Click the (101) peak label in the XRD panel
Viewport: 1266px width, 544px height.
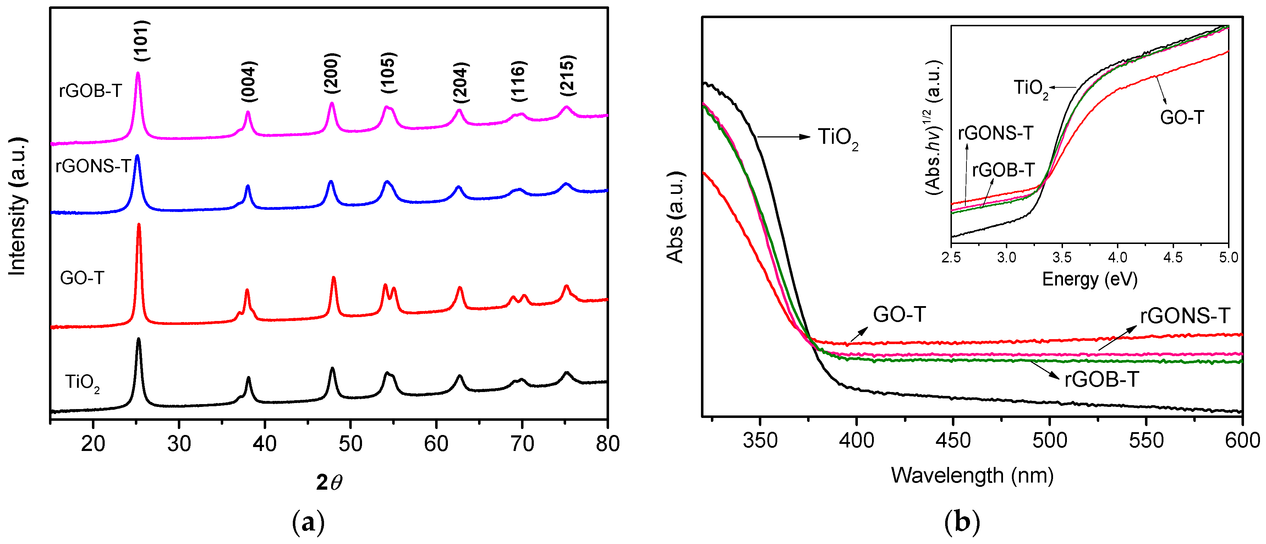(142, 40)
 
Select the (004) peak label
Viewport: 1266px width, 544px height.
(249, 81)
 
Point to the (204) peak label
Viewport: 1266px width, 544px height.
(460, 83)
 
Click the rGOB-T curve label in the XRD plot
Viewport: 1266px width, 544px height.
(90, 91)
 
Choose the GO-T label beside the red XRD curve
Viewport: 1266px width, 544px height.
(82, 278)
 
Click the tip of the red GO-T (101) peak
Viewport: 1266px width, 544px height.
(138, 225)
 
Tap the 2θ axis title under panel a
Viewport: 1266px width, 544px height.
(329, 483)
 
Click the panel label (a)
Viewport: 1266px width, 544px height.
(308, 522)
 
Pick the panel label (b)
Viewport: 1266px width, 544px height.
(962, 522)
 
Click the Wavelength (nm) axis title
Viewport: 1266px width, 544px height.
(972, 475)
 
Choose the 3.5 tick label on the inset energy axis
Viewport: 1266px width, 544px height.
(1062, 257)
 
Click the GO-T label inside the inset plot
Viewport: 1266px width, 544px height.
(1182, 118)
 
